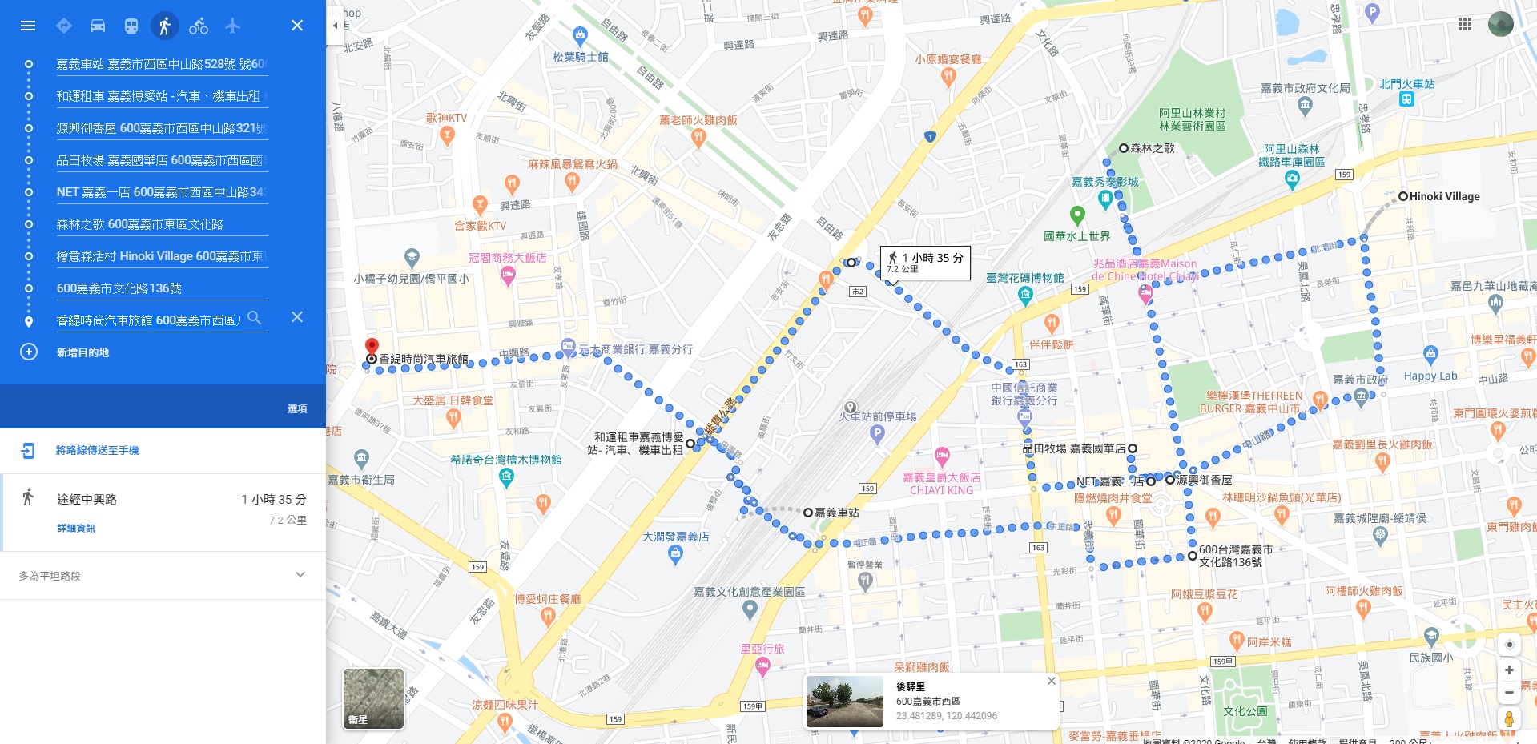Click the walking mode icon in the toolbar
(164, 26)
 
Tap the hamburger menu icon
(28, 26)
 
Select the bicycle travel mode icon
(199, 26)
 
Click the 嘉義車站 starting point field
(160, 64)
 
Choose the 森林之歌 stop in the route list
(140, 224)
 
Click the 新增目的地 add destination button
(82, 352)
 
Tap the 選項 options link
(297, 408)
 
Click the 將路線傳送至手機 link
(97, 451)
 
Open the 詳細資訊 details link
(76, 529)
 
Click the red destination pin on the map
(372, 347)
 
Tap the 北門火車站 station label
(1406, 84)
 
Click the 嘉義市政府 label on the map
(1360, 380)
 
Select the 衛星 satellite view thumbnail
(373, 698)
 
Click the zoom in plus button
(1509, 670)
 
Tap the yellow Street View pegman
(1509, 718)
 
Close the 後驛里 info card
(1052, 681)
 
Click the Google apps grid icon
(1465, 24)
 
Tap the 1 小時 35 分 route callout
(926, 262)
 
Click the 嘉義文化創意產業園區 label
(749, 593)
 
